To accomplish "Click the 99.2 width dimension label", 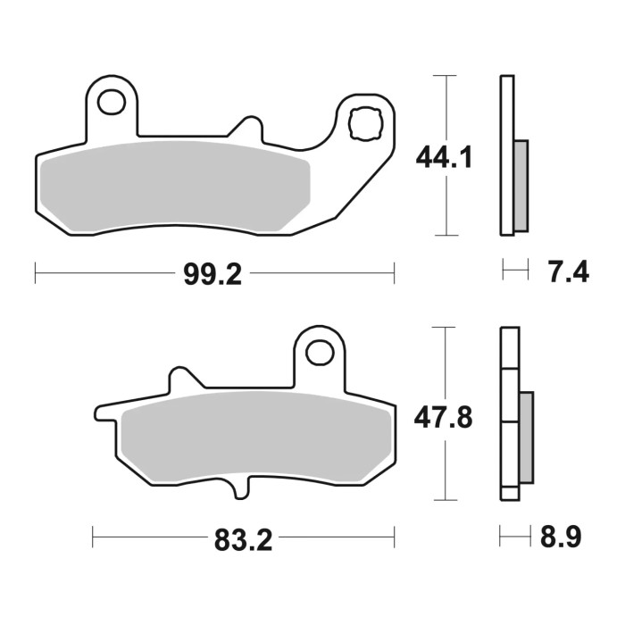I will (x=212, y=274).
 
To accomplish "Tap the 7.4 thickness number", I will (x=567, y=272).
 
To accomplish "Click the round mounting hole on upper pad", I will (x=112, y=104).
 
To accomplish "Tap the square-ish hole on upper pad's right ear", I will (x=366, y=123).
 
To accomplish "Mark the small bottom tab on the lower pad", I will (x=239, y=490).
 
